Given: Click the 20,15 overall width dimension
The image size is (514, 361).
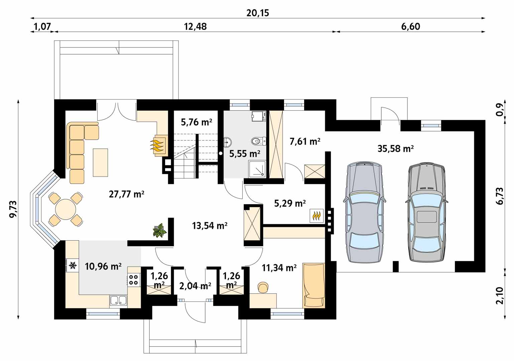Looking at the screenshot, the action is click(257, 13).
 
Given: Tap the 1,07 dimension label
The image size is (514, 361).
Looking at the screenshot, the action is click(42, 26).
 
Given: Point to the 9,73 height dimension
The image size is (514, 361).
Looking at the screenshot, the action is click(13, 209).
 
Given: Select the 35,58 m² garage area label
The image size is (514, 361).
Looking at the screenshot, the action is click(396, 149).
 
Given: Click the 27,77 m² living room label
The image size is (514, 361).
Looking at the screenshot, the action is click(126, 194).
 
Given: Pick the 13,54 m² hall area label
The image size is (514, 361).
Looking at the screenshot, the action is click(210, 226).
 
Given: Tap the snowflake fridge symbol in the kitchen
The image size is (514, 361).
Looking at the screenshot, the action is click(73, 265).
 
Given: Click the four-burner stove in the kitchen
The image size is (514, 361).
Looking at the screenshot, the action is click(134, 279).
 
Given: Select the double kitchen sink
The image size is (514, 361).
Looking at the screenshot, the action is click(118, 300).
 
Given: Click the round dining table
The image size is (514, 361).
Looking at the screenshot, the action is click(66, 209).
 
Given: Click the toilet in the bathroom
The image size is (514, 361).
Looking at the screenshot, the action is click(258, 141).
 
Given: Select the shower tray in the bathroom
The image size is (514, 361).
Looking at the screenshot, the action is click(257, 169).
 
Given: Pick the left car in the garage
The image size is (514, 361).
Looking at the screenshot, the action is click(365, 212).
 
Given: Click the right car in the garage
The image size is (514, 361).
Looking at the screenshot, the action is click(426, 212).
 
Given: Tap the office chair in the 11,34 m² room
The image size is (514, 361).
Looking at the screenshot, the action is click(263, 287).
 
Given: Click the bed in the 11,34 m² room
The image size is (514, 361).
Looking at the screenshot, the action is click(314, 285).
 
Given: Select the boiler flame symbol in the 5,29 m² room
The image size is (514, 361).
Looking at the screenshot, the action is click(317, 216).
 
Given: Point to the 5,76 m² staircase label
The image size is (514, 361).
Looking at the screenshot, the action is click(196, 122).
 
